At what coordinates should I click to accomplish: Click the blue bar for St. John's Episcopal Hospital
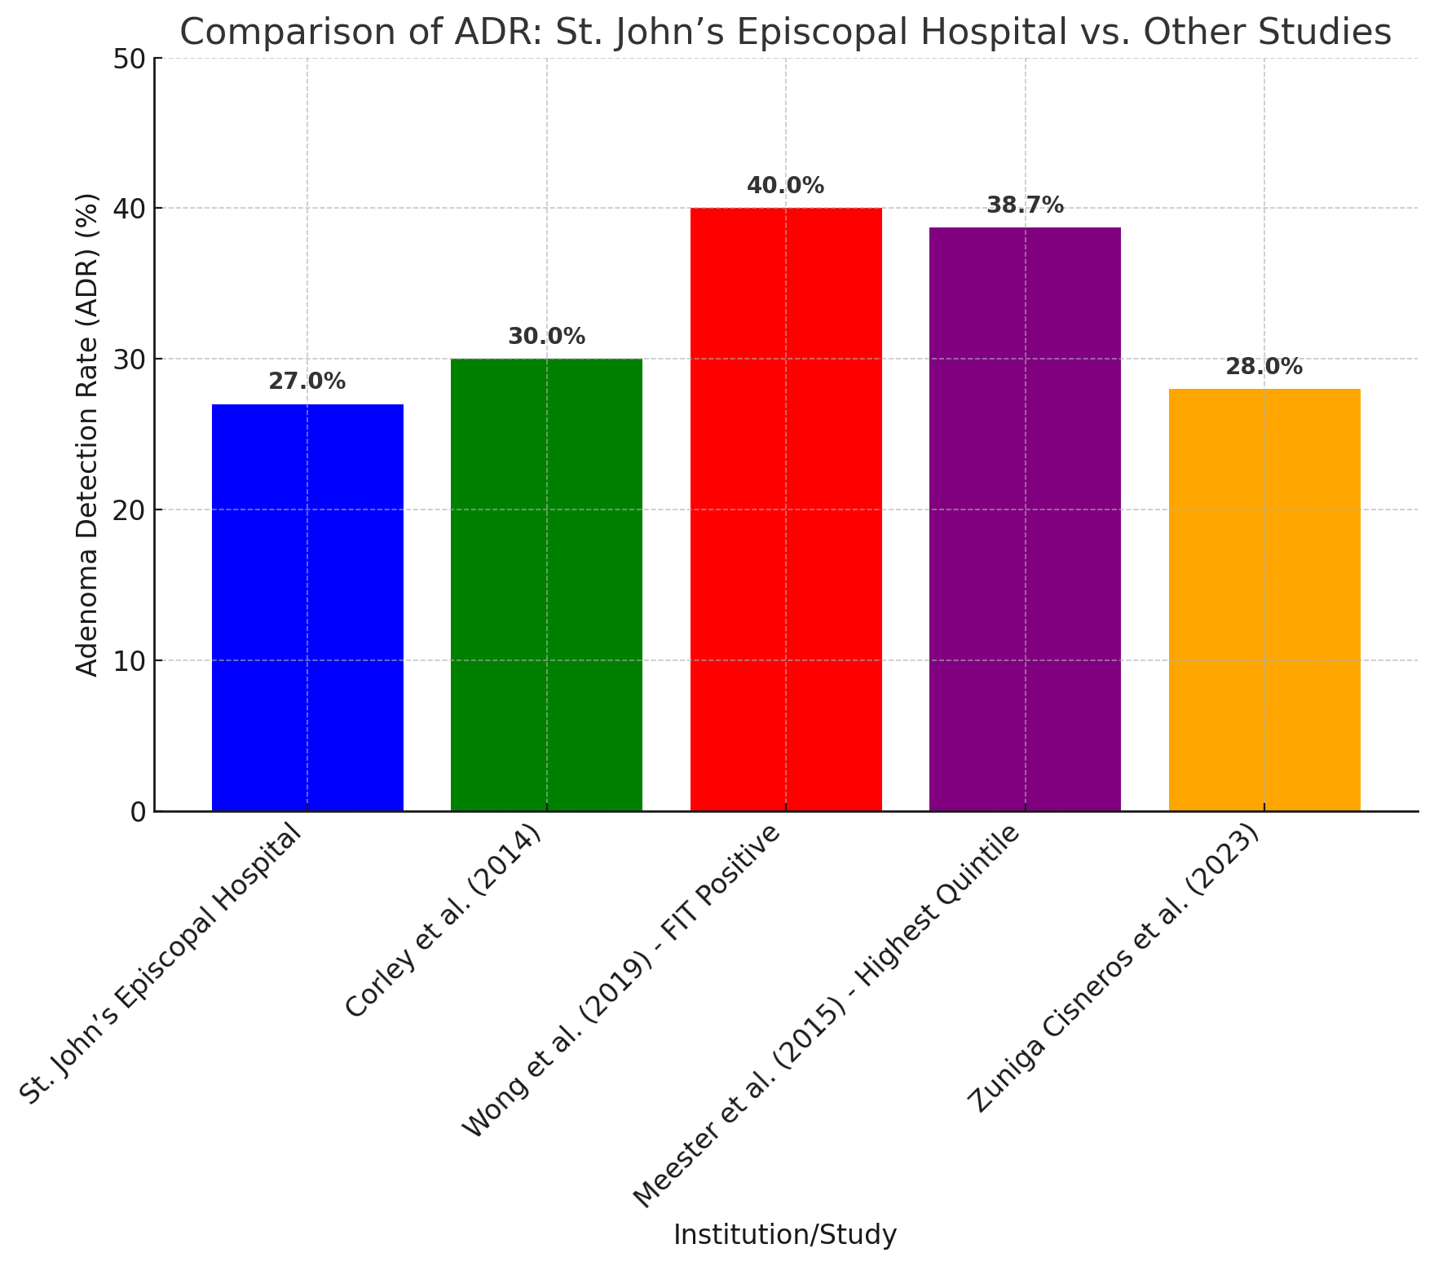[307, 607]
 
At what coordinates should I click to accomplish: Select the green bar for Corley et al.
[546, 584]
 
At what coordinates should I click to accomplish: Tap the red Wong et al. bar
[786, 509]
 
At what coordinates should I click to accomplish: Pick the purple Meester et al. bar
[1025, 519]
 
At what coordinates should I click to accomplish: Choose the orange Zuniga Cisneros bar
[1264, 600]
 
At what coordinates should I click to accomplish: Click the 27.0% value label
[307, 382]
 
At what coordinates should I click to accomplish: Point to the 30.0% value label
[546, 337]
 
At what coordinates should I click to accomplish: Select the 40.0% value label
[786, 186]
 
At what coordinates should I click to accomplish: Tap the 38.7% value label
[1025, 205]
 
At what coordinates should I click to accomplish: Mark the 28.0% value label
[1264, 367]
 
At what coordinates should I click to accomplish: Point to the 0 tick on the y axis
[135, 812]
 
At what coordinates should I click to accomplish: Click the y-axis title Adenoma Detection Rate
[88, 434]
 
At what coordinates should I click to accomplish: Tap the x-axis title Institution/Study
[785, 1235]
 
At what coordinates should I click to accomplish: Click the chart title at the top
[785, 33]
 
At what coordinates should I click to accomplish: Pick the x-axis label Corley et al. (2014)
[443, 921]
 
